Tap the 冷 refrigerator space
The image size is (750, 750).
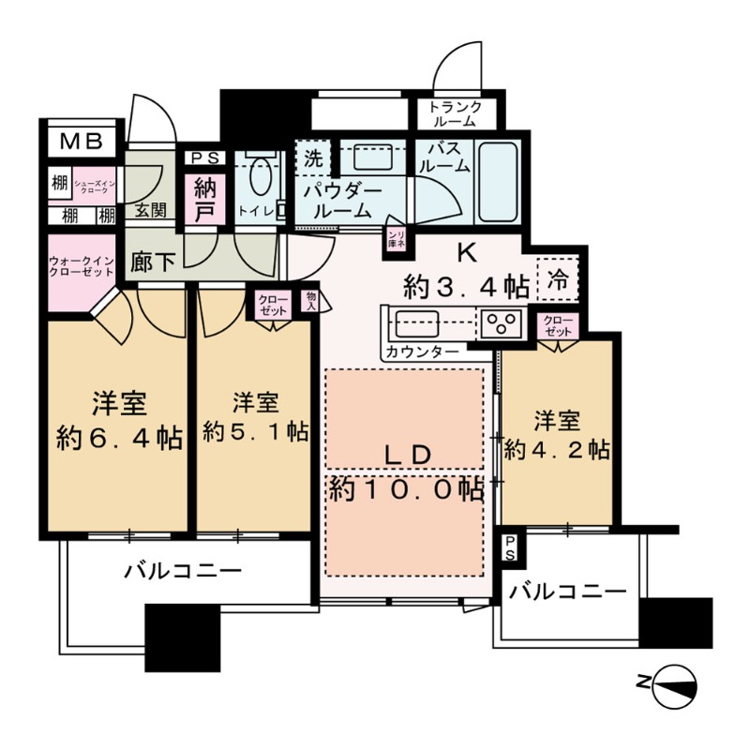click(x=557, y=278)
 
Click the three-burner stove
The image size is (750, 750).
click(x=502, y=323)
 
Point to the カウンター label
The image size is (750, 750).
click(x=421, y=352)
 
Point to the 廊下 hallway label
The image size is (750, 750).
click(x=153, y=263)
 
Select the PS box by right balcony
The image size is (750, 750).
click(x=508, y=547)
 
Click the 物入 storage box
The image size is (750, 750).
click(x=309, y=301)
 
